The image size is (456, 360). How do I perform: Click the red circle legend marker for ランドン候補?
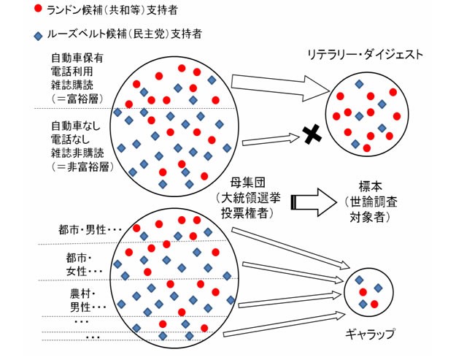[38, 9]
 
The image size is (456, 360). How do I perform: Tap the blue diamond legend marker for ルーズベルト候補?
[38, 36]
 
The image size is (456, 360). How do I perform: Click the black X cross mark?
[312, 134]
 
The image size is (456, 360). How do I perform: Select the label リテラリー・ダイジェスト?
[366, 55]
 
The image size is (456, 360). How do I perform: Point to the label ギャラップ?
[371, 334]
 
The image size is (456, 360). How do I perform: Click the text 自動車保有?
[77, 58]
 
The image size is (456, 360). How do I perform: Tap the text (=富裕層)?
[77, 99]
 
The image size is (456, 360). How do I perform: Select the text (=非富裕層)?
[82, 166]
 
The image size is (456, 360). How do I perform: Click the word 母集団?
[248, 183]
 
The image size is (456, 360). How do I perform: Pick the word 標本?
[371, 186]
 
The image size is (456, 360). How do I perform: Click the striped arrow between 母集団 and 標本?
[314, 202]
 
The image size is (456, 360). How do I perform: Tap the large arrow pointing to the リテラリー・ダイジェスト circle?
[280, 88]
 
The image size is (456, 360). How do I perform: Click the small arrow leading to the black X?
[271, 139]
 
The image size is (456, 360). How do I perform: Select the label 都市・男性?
[90, 229]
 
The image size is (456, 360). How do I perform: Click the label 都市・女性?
[84, 264]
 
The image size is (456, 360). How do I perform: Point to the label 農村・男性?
[88, 300]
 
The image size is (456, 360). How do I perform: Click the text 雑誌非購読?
[77, 153]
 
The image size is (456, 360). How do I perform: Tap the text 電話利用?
[72, 72]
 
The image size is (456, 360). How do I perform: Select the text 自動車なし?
[76, 126]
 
